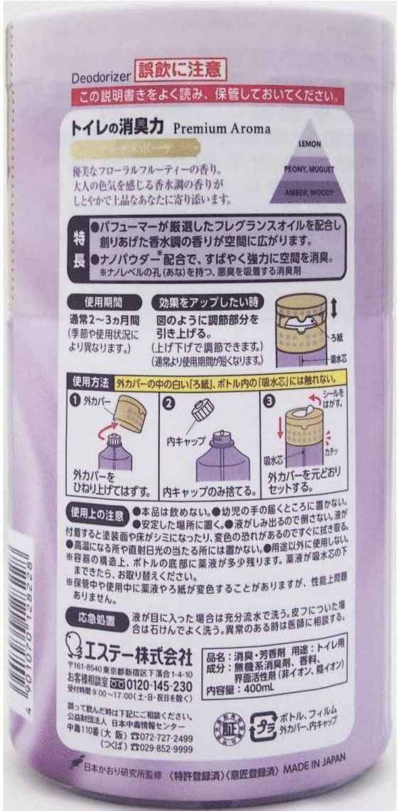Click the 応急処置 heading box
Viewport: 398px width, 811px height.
pyautogui.click(x=96, y=617)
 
